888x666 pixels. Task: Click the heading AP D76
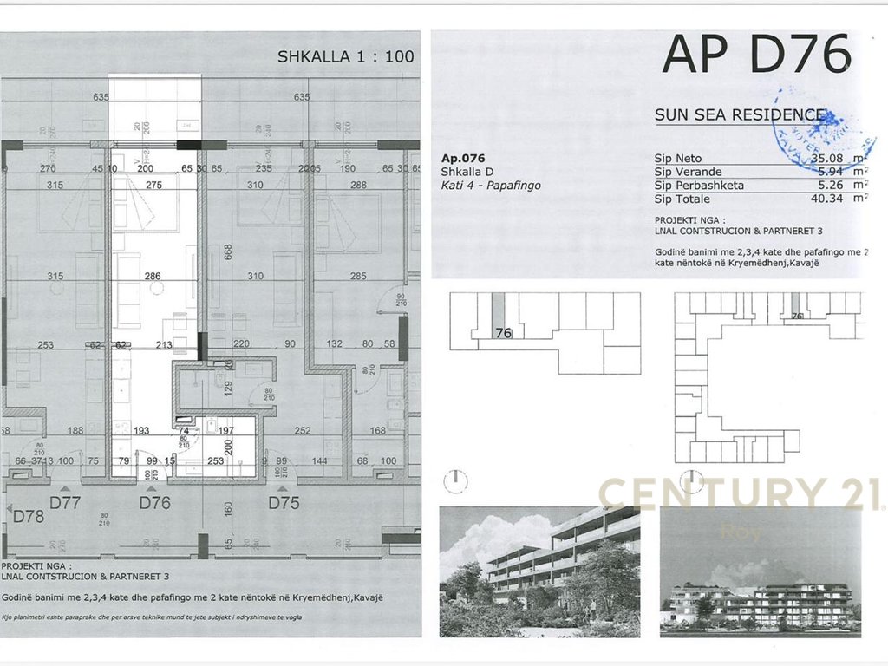click(755, 55)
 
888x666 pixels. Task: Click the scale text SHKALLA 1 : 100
click(345, 57)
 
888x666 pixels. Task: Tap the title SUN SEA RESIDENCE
click(740, 114)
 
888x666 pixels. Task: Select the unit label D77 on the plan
click(65, 502)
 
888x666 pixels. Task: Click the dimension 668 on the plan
click(228, 251)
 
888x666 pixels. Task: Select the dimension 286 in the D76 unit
click(153, 277)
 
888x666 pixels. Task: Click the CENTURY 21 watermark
click(741, 494)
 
